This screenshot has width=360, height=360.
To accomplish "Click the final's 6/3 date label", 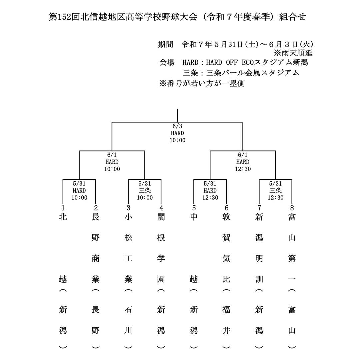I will (177, 126).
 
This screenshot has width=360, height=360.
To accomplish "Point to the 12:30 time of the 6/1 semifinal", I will (243, 169).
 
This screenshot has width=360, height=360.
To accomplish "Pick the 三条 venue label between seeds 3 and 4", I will (145, 191).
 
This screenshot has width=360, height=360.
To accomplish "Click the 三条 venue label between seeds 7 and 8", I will (275, 191).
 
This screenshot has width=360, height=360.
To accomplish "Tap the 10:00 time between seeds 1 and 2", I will (79, 197).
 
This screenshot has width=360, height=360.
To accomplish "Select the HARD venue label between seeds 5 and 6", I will (210, 191).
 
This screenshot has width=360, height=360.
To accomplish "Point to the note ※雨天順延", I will (293, 53).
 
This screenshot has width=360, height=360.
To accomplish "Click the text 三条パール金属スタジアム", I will (241, 73).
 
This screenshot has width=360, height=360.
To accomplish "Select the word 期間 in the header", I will (166, 44).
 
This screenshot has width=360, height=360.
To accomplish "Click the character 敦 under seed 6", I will (226, 217).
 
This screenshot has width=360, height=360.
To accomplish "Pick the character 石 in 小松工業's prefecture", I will (128, 310).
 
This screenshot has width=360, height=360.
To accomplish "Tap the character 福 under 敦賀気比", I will (226, 310).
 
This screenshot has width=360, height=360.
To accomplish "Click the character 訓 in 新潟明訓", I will (259, 279).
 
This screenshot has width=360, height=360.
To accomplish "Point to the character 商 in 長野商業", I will (96, 259).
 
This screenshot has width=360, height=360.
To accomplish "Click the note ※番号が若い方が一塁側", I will (202, 83).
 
